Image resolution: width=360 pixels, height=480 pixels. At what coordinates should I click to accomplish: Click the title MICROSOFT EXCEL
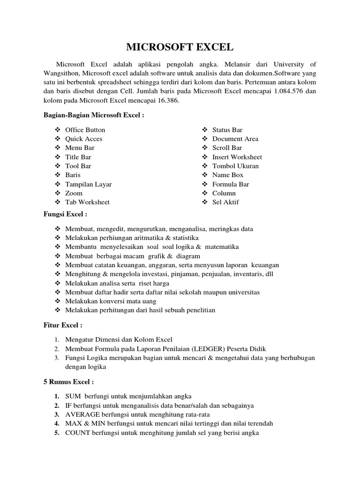click(180, 47)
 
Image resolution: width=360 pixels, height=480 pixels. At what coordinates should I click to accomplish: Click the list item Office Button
click(85, 130)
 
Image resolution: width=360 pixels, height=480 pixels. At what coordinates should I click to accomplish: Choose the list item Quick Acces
click(83, 139)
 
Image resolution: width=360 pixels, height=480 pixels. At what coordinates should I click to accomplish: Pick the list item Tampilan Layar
click(88, 184)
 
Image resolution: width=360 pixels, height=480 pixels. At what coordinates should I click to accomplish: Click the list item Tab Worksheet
click(87, 202)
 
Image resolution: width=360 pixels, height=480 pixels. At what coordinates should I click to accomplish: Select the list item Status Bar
click(227, 130)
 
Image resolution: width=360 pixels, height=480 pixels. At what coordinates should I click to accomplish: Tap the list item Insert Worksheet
click(237, 157)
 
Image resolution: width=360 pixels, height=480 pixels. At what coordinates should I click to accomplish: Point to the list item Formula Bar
click(231, 184)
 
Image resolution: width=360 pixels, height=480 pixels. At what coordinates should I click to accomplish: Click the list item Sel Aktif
click(225, 202)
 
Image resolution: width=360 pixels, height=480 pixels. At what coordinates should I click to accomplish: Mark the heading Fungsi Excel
click(65, 214)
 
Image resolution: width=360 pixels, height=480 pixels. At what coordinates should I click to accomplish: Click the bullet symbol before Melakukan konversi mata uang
click(58, 301)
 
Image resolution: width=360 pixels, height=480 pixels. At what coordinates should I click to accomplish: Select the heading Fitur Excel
click(63, 325)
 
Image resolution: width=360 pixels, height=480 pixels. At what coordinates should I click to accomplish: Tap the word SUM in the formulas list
click(73, 396)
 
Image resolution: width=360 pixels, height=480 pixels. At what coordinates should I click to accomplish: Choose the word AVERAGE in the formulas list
click(81, 414)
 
